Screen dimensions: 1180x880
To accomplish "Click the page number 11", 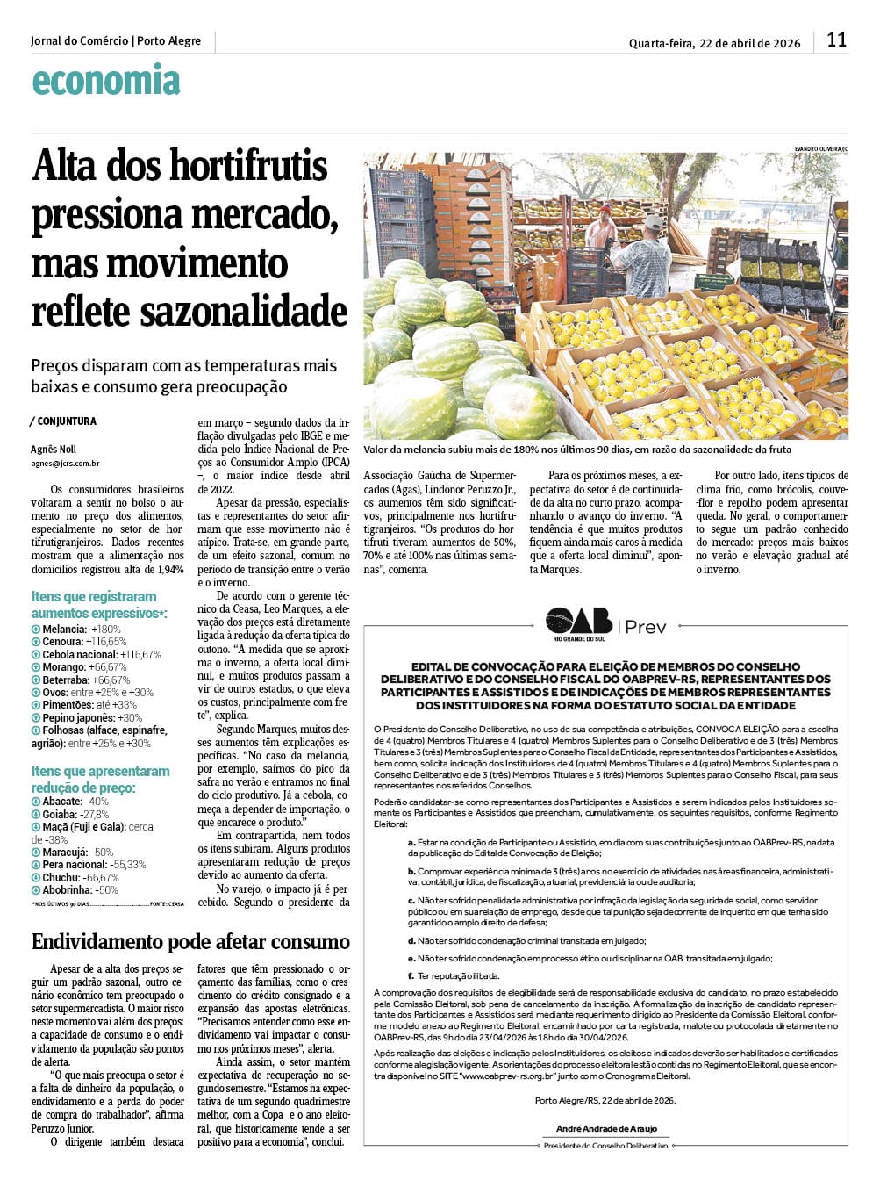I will tap(836, 40).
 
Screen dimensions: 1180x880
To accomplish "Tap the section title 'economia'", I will tap(105, 81).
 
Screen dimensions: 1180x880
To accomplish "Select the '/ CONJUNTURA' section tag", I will tap(63, 421).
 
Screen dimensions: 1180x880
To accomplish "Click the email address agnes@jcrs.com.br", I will tap(65, 463).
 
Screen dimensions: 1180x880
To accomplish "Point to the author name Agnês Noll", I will tap(53, 450).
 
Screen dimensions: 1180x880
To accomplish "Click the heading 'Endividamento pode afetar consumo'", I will tap(190, 942).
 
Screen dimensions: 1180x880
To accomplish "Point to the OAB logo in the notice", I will tap(579, 622).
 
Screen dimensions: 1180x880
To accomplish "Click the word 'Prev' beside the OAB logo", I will tap(645, 627).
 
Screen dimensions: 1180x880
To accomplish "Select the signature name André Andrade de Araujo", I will tap(606, 1129).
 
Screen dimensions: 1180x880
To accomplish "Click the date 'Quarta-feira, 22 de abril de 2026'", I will tap(714, 43).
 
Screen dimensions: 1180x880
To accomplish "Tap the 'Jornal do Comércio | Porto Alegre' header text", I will tap(116, 41).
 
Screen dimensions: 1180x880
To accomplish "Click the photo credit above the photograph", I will tap(821, 148).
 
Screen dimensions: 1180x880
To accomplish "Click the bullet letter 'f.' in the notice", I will tap(411, 975).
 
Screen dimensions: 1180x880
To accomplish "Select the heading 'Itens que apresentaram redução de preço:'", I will tap(101, 780).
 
